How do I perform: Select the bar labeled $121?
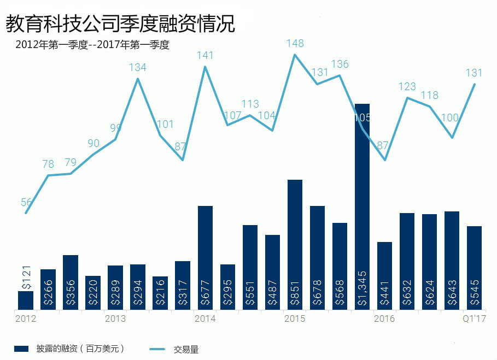click(26, 300)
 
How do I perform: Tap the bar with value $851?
click(295, 245)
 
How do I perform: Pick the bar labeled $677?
click(205, 258)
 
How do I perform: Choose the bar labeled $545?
click(474, 268)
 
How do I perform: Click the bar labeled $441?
click(384, 276)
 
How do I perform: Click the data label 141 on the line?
click(205, 56)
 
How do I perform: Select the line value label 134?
click(138, 68)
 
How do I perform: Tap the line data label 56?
click(26, 202)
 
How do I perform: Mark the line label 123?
click(407, 87)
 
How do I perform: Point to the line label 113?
click(250, 104)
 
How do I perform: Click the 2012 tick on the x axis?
click(26, 318)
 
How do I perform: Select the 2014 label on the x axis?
click(205, 318)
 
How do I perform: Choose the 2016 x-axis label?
click(384, 318)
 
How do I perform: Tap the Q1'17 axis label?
click(473, 318)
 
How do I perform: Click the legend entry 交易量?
click(186, 350)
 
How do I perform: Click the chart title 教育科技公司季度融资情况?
click(120, 23)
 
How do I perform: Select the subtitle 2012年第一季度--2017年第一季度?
click(93, 45)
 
